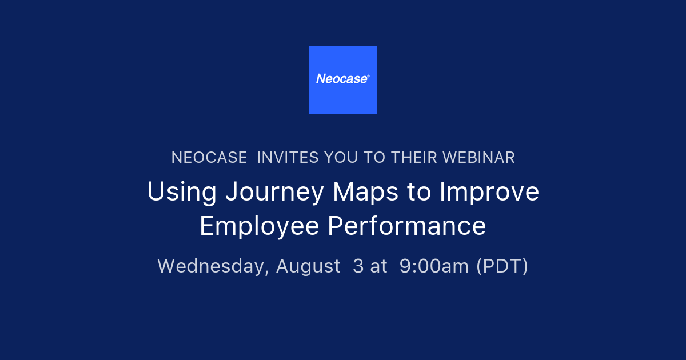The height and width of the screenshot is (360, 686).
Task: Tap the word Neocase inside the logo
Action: [x=341, y=79]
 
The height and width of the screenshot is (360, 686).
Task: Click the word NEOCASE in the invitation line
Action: [x=209, y=158]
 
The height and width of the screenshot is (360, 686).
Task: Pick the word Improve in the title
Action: [x=489, y=193]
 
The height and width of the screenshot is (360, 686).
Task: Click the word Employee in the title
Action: [x=259, y=227]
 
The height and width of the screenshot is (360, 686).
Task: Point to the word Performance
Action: [x=406, y=226]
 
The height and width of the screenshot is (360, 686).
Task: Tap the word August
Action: [x=308, y=267]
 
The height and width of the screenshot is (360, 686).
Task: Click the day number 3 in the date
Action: [x=358, y=266]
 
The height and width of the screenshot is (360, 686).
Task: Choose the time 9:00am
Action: [x=434, y=266]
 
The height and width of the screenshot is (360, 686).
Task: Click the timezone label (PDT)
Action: [x=502, y=266]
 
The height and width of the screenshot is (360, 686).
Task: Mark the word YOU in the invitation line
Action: [x=342, y=158]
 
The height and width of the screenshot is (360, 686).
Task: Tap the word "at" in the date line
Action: [x=378, y=267]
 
